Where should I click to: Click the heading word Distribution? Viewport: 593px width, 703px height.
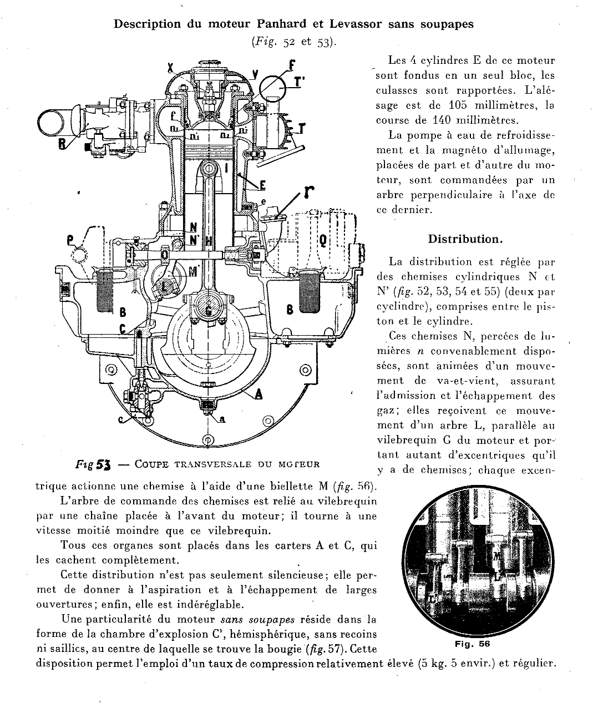coord(465,239)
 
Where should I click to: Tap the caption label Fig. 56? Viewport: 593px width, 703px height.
coord(473,644)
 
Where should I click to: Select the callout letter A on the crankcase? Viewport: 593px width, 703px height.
coord(258,393)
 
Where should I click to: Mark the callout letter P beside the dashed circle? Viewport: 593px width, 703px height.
coord(70,240)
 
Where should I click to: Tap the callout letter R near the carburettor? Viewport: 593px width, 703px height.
coord(62,144)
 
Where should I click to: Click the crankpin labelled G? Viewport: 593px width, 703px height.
coord(209,308)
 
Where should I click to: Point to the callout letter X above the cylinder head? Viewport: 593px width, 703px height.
coord(171,68)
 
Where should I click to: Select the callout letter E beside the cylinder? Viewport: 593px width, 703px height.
coord(262,185)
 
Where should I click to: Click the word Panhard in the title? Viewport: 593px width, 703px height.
coord(281,24)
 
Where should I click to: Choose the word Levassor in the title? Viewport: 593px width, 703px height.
coord(356,24)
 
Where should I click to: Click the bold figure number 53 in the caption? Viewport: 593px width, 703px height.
coord(103,465)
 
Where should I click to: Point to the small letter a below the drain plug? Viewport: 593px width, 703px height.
coord(222,419)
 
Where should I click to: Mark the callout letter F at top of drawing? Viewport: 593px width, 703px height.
coord(292,64)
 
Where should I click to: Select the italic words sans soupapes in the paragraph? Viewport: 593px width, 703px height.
coord(258,620)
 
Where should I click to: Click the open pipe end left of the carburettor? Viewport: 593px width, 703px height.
coord(50,122)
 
